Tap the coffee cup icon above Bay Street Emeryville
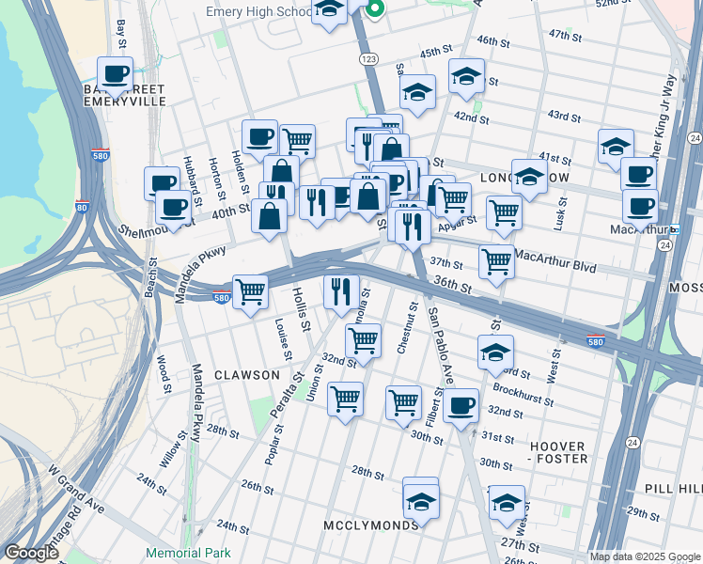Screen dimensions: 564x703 [x=116, y=73]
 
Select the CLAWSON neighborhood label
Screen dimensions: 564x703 [x=247, y=375]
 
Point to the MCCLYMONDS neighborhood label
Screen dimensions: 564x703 [x=371, y=525]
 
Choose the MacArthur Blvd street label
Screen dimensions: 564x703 [x=558, y=267]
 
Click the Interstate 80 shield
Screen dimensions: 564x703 [x=82, y=208]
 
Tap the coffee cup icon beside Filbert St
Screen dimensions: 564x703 [x=461, y=406]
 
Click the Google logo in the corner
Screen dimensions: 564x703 [x=31, y=553]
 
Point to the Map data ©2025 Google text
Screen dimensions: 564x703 [x=645, y=556]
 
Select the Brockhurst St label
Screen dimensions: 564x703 [x=523, y=392]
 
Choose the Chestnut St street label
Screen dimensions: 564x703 [x=407, y=328]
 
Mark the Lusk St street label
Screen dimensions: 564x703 [x=561, y=214]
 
